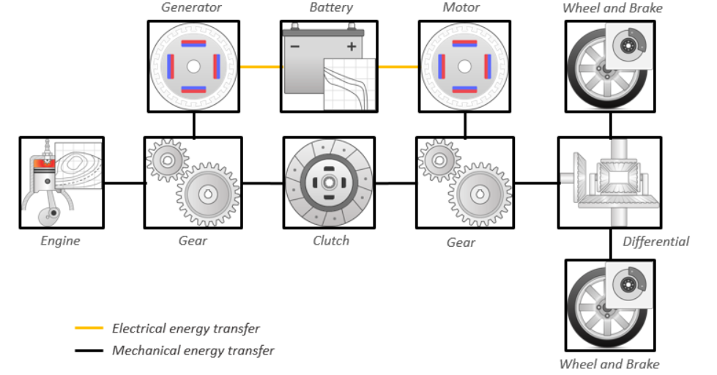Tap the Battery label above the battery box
tap(330, 7)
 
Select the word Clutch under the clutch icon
tap(330, 241)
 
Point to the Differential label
tap(655, 241)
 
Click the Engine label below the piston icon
tap(60, 241)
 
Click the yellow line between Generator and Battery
tap(260, 67)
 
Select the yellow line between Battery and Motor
tap(398, 67)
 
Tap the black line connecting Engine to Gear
tap(124, 183)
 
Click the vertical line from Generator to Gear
tap(193, 125)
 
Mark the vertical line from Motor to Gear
tap(464, 125)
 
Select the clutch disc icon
tap(328, 182)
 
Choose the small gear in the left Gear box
tap(167, 160)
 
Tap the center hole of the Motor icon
tap(464, 66)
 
